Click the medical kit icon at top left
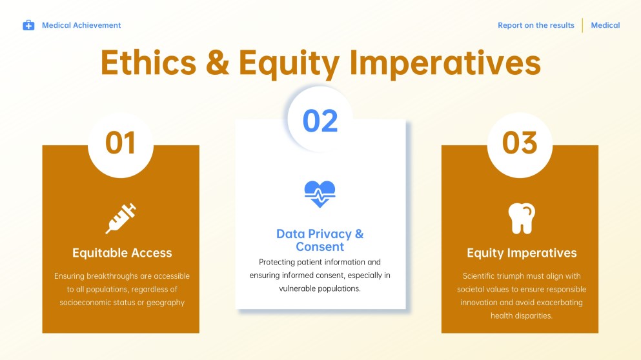[28, 25]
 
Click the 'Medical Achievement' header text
[81, 25]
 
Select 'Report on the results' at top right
[536, 25]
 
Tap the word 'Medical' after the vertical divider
[605, 25]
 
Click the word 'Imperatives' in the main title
[445, 63]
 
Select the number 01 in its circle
[121, 143]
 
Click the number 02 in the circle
[320, 121]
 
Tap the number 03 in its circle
[520, 143]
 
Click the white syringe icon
[121, 218]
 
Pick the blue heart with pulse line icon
[320, 193]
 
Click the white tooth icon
[521, 218]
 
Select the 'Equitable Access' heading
[122, 252]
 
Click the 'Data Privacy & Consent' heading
[320, 240]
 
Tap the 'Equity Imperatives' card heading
[522, 252]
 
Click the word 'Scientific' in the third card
[482, 276]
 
